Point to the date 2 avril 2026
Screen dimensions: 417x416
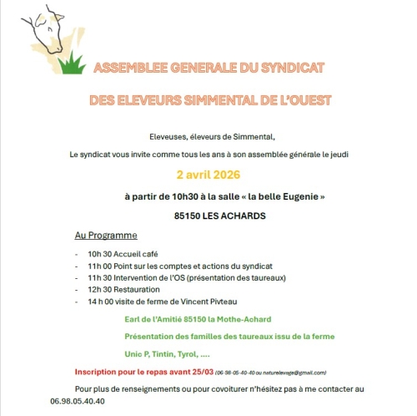tap(208, 175)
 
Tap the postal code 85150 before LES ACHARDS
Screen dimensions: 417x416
tap(189, 216)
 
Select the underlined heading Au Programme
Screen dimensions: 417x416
tap(106, 236)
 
